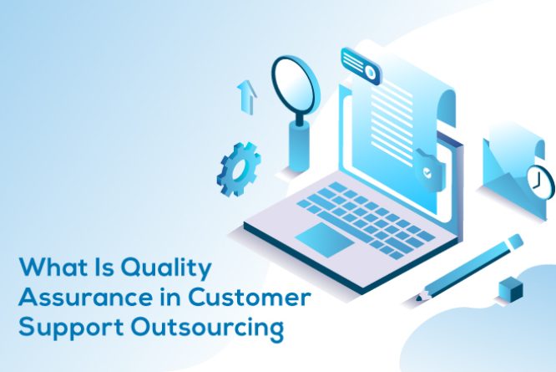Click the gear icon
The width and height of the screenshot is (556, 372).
click(x=238, y=170)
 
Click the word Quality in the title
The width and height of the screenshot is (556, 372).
click(x=167, y=270)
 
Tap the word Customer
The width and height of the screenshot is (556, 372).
click(x=251, y=298)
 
